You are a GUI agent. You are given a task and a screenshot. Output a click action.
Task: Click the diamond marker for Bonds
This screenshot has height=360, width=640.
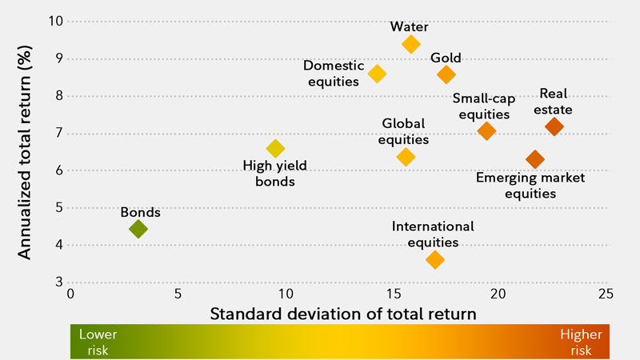(138, 230)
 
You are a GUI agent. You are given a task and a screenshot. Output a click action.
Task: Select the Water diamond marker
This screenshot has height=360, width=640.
(411, 44)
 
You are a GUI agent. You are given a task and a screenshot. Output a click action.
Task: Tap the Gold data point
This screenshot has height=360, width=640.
(446, 74)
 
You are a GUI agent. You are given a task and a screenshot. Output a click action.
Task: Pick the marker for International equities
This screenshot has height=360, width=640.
(435, 259)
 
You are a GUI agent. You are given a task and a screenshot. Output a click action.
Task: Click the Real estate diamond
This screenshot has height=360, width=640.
(554, 126)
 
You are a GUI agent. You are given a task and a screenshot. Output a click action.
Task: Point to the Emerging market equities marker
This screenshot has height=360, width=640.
(534, 159)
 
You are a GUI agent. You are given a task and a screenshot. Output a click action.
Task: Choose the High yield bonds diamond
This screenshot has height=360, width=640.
(275, 148)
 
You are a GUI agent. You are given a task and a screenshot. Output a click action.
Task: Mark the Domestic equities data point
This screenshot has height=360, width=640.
(378, 74)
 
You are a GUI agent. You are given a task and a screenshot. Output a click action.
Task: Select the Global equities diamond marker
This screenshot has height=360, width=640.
(406, 157)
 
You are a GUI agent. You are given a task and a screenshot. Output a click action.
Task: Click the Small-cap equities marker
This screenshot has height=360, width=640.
(486, 130)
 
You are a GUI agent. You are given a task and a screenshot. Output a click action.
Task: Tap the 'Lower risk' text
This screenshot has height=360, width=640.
(92, 342)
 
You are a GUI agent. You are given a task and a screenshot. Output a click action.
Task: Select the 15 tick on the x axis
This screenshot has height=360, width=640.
(392, 294)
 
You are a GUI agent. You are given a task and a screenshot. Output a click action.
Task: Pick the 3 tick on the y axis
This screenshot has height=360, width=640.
(58, 282)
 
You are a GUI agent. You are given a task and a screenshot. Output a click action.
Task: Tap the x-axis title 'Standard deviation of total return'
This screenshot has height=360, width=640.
(343, 314)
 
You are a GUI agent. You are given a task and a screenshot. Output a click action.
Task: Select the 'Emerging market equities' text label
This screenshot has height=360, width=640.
(530, 185)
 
